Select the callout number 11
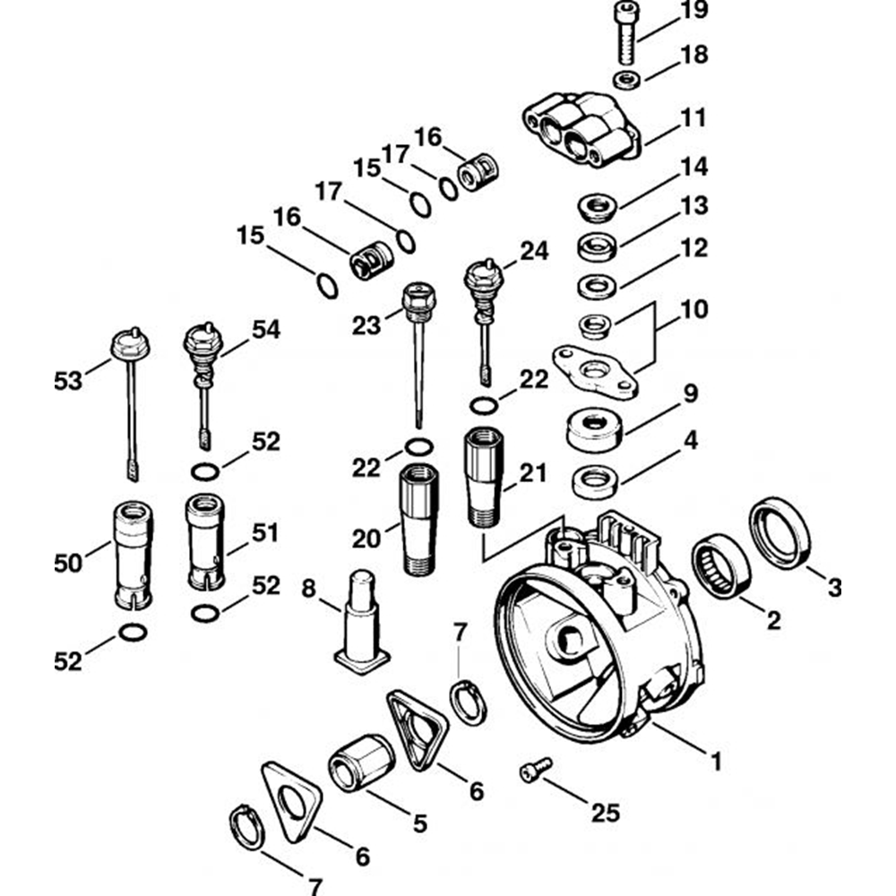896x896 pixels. point(694,118)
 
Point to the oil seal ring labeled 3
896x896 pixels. point(780,535)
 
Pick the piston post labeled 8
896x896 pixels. point(363,623)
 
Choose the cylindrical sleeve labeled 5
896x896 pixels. point(362,761)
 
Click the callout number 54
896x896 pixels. point(265,330)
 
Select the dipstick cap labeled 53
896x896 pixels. point(127,346)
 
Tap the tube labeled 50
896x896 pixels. point(131,556)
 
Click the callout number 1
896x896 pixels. point(715,762)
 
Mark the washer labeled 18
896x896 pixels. point(628,81)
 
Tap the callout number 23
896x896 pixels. point(366,324)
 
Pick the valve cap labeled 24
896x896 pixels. point(485,279)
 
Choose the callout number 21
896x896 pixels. point(533,474)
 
